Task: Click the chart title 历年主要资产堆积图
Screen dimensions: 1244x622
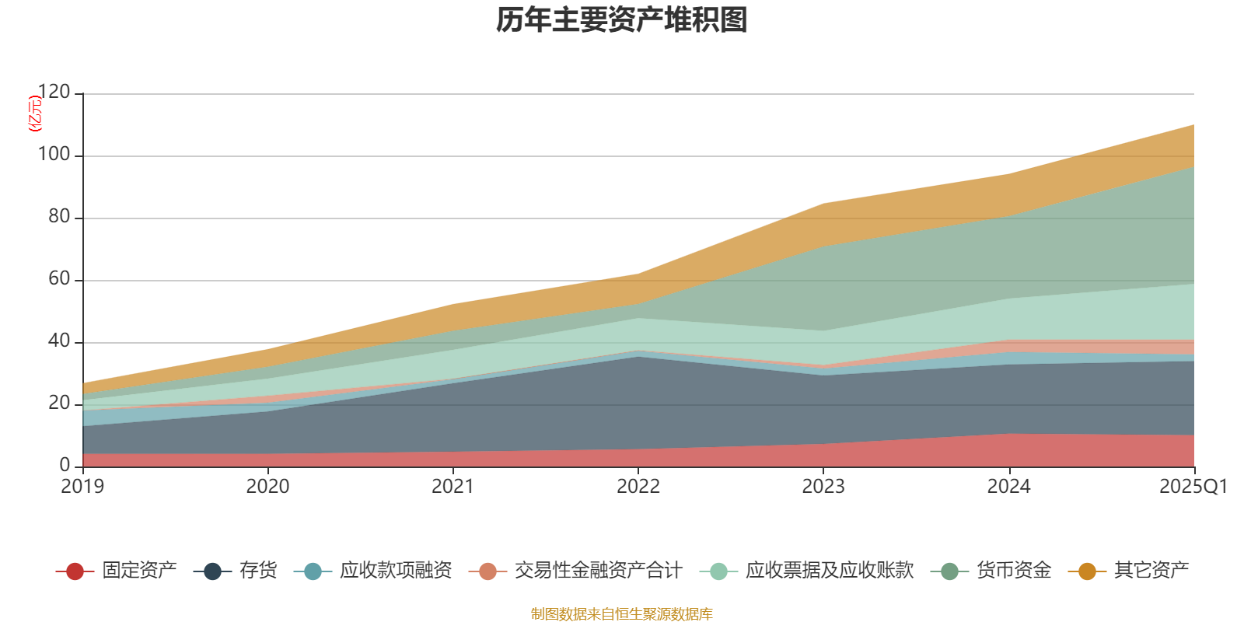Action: coord(621,20)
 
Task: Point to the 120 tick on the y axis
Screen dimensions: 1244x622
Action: coord(54,92)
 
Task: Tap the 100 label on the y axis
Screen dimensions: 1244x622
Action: coord(54,154)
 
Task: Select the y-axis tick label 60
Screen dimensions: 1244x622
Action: coord(59,278)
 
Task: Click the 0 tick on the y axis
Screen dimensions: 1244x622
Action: coord(65,465)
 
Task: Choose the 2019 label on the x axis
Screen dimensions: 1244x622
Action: coord(82,487)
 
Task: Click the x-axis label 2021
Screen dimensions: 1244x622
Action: coord(453,487)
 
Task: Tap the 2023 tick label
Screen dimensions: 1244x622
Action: coord(823,487)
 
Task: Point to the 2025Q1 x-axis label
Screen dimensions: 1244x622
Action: coord(1193,487)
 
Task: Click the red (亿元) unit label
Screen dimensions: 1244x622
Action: coord(35,114)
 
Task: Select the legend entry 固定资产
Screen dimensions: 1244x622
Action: coord(116,571)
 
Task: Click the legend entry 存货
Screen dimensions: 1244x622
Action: coord(235,571)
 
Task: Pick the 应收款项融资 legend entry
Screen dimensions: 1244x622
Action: coord(372,571)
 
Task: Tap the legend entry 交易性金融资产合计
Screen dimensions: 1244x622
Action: coord(575,571)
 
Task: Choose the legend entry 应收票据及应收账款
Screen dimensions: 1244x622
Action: coord(806,571)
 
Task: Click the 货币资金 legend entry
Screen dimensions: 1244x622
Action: coord(991,571)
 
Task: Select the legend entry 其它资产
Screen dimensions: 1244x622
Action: coord(1128,571)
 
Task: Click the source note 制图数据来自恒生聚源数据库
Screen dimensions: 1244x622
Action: coord(621,613)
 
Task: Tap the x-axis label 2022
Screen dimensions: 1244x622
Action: coord(638,487)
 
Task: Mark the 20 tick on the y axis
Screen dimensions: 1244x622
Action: coord(59,403)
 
